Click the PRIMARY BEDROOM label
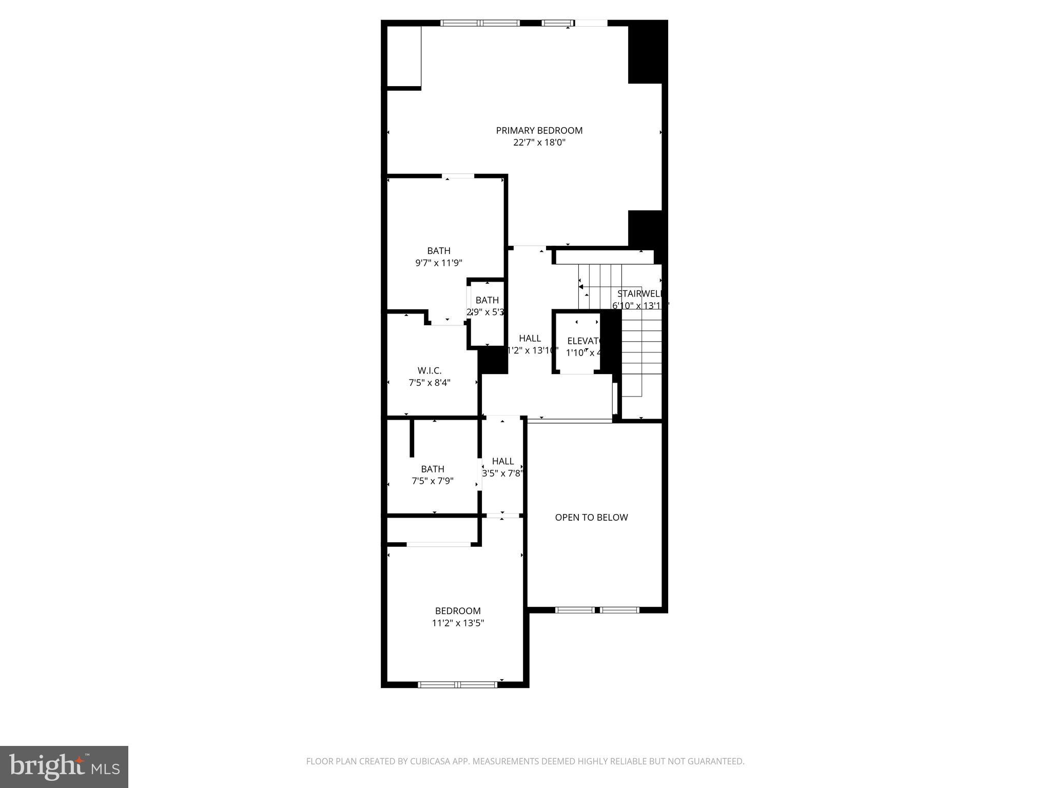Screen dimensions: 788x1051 [x=539, y=130]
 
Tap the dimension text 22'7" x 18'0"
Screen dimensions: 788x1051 [x=539, y=143]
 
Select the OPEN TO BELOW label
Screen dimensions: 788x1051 [x=591, y=517]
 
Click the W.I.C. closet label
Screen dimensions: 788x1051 [x=429, y=370]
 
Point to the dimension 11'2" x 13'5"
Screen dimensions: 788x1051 [x=458, y=623]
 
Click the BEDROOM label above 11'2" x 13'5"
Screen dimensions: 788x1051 [x=458, y=610]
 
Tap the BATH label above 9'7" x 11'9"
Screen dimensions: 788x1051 [x=439, y=250]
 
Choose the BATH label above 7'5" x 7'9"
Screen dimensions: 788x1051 [x=432, y=469]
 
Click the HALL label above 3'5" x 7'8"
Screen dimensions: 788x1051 [x=502, y=461]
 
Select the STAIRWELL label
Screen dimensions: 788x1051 [x=639, y=294]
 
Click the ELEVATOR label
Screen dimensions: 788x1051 [x=584, y=341]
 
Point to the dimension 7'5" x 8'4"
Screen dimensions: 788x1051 [x=429, y=383]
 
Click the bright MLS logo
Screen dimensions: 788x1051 [x=64, y=766]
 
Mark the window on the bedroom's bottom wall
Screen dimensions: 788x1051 [x=457, y=684]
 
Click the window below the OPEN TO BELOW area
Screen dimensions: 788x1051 [x=597, y=610]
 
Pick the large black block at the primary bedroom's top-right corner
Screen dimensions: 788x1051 [x=648, y=53]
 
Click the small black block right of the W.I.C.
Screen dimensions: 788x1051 [x=493, y=360]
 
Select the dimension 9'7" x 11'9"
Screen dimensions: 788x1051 [x=439, y=263]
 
